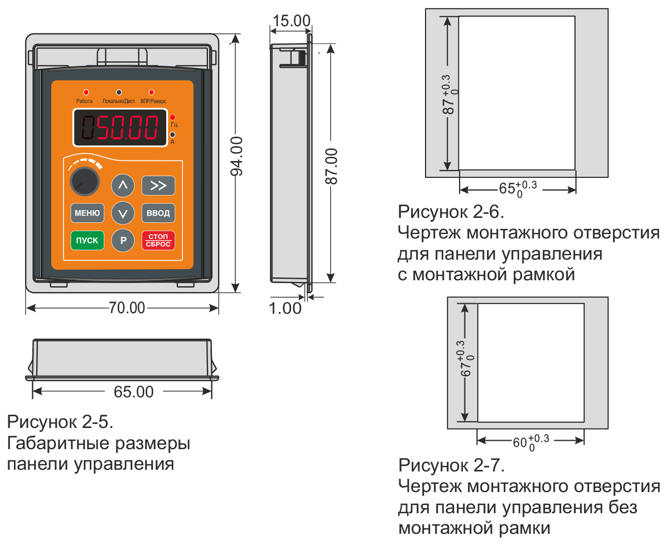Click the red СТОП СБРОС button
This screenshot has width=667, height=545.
[x=158, y=240]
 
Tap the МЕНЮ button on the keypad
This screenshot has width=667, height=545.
[x=87, y=213]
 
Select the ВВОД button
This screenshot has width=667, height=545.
[x=158, y=213]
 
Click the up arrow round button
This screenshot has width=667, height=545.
[x=123, y=186]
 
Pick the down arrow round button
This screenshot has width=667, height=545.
[x=123, y=213]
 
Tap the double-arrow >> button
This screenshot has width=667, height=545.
[x=158, y=186]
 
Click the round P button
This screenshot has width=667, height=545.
[x=123, y=241]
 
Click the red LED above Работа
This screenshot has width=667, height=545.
[x=86, y=93]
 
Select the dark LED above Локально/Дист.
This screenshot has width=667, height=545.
[x=119, y=93]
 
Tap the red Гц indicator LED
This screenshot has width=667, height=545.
[x=172, y=118]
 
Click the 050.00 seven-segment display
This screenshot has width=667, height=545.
[x=120, y=128]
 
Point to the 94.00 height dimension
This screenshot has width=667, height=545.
[x=236, y=155]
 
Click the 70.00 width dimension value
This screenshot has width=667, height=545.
[x=127, y=308]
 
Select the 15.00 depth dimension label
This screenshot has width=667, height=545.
[x=291, y=21]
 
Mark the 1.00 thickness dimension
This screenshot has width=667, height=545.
[x=284, y=308]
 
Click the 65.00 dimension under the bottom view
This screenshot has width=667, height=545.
[x=134, y=392]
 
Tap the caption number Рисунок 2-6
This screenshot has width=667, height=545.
[x=451, y=212]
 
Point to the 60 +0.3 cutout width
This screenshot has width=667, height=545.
[x=531, y=442]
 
